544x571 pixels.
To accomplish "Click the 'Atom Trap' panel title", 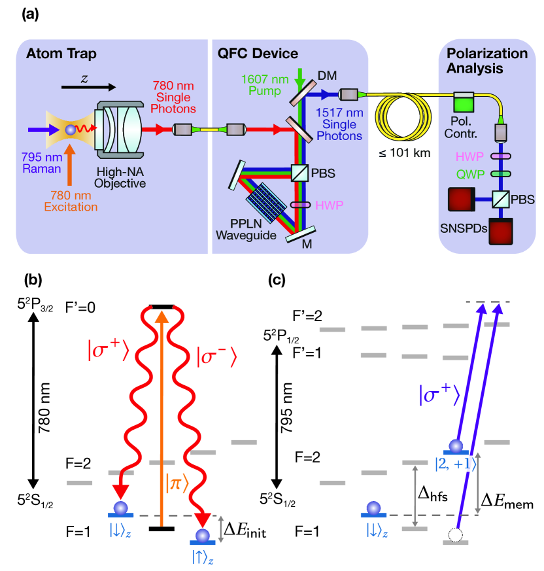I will tap(58, 54).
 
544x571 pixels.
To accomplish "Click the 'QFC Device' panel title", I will tap(258, 54).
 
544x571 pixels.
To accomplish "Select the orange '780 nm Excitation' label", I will tap(71, 202).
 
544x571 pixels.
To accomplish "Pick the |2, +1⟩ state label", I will tap(455, 464).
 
